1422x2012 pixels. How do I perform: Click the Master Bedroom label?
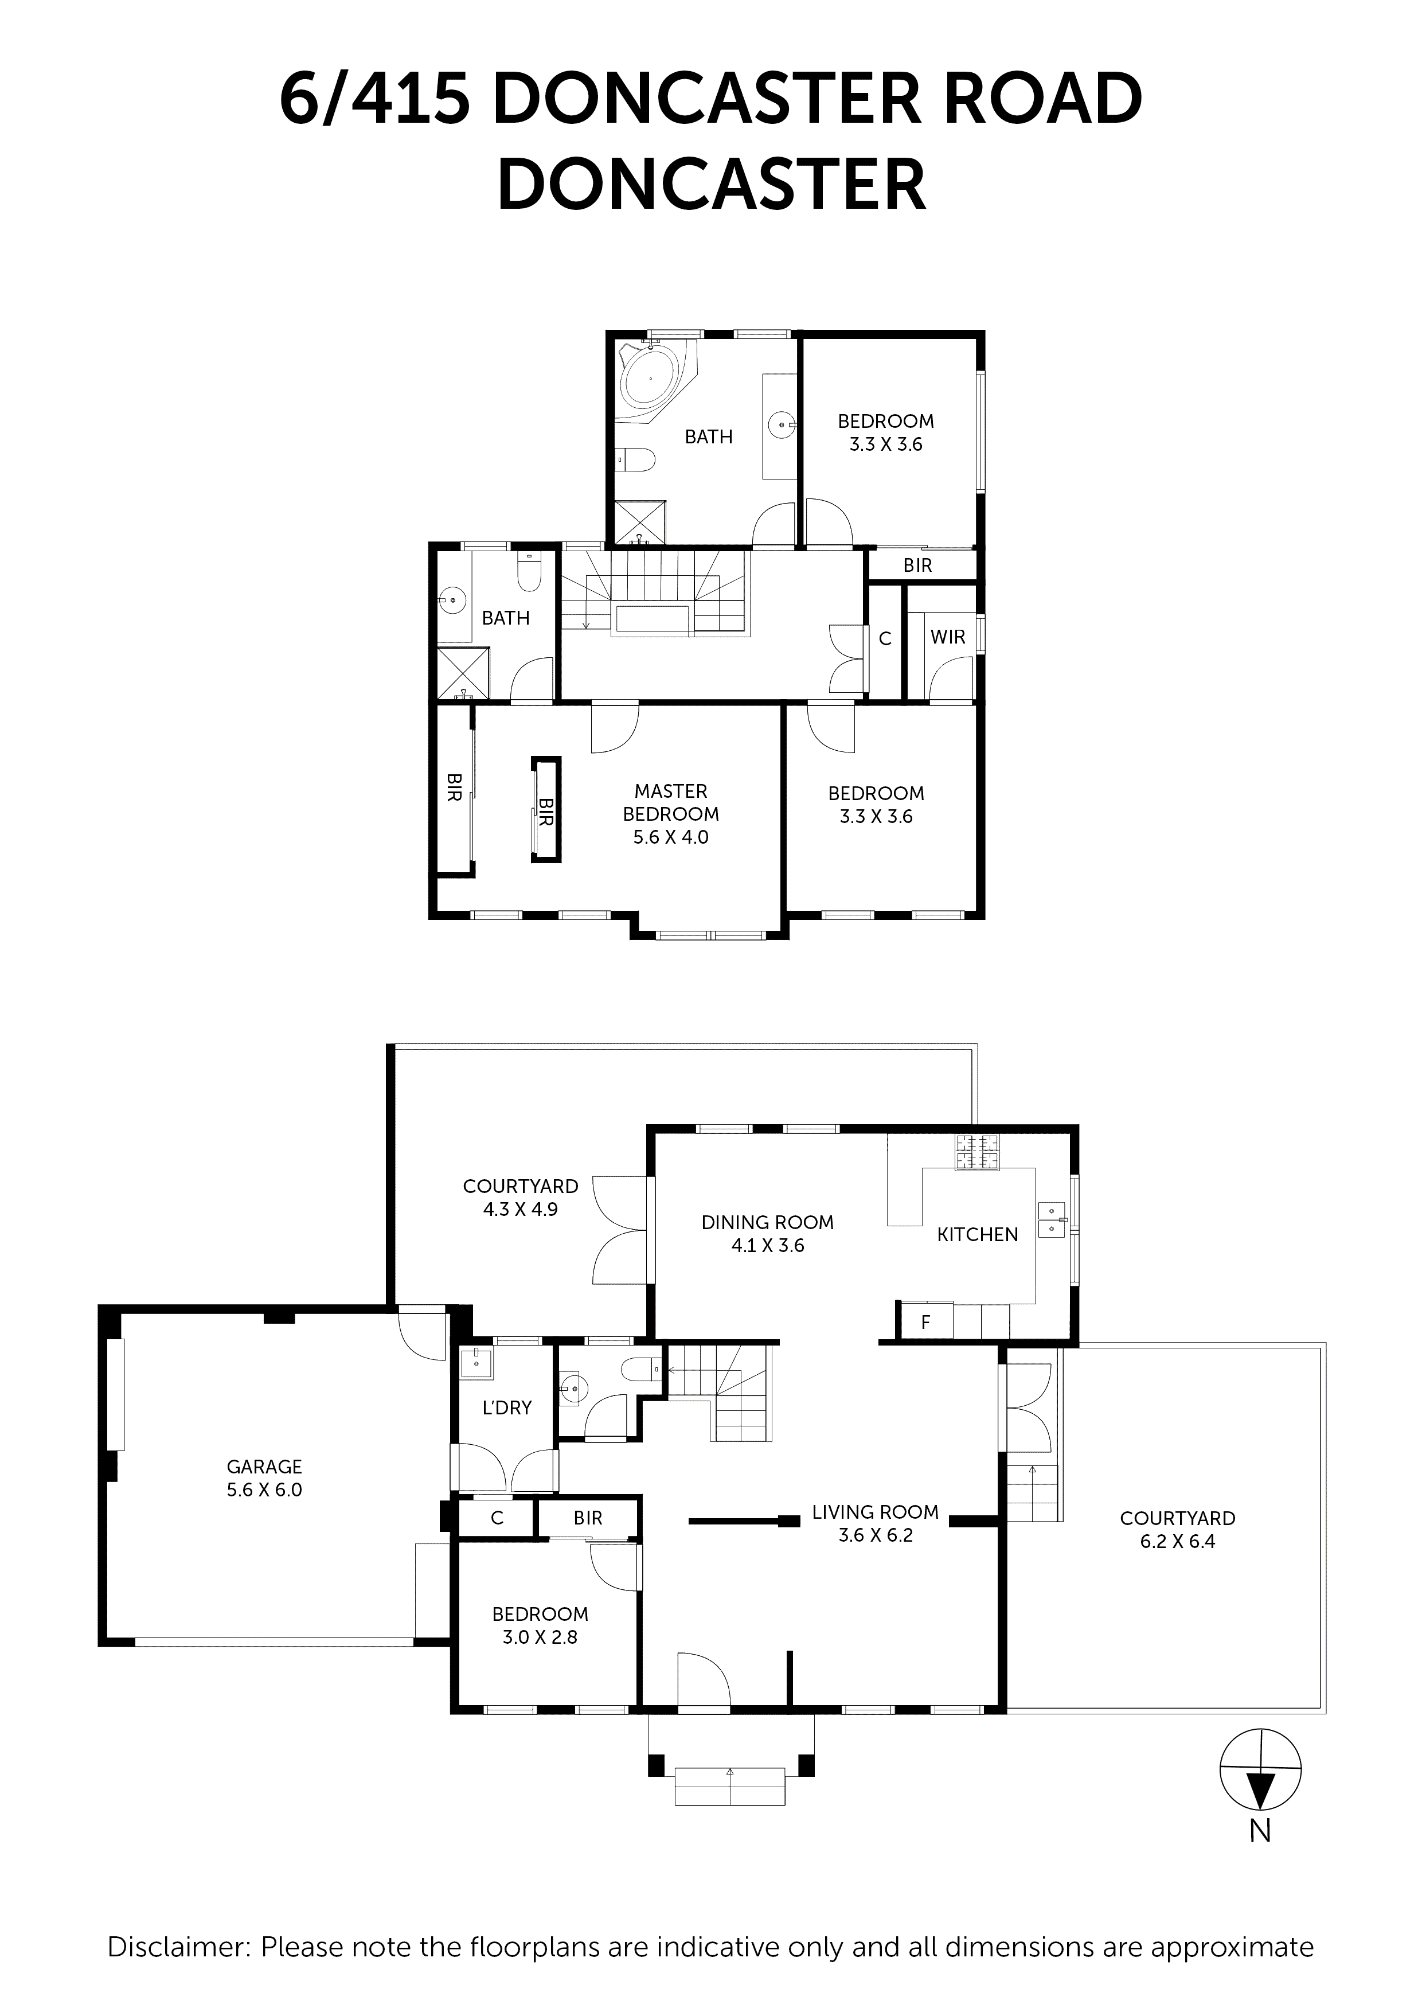(670, 813)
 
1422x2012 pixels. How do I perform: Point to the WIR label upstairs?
(947, 637)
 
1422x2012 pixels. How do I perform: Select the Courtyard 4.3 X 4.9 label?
(521, 1197)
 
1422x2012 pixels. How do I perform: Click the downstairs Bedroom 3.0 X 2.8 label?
(540, 1625)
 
